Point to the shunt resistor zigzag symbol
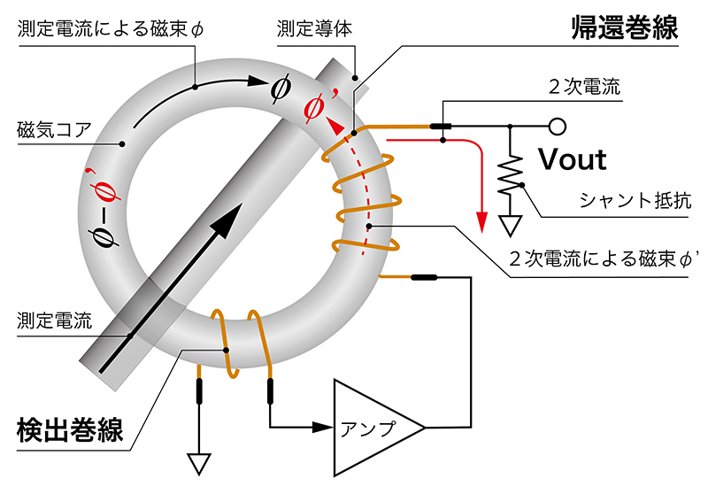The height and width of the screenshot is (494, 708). pyautogui.click(x=510, y=177)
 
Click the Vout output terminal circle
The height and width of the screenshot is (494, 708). pyautogui.click(x=557, y=127)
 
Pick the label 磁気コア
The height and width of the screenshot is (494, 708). pyautogui.click(x=54, y=129)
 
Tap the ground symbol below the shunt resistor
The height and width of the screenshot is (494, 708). pyautogui.click(x=510, y=225)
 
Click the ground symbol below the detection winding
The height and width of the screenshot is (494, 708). pyautogui.click(x=198, y=463)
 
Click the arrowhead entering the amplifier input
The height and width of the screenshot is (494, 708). pyautogui.click(x=325, y=428)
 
